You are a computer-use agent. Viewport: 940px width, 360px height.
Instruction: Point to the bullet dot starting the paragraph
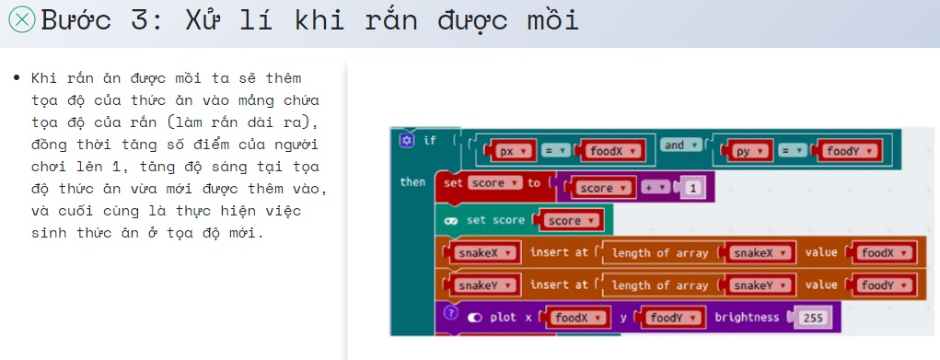pyautogui.click(x=17, y=78)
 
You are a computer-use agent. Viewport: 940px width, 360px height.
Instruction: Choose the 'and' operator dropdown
pyautogui.click(x=680, y=145)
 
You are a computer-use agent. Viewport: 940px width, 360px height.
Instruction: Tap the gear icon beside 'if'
pyautogui.click(x=407, y=140)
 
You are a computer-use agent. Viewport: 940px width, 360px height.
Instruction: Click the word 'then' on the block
pyautogui.click(x=412, y=181)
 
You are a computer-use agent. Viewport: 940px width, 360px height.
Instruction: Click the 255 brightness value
pyautogui.click(x=812, y=318)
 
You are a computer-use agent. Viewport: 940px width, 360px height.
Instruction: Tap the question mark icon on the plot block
pyautogui.click(x=450, y=313)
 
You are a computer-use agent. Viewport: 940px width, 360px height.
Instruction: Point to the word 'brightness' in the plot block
pyautogui.click(x=747, y=317)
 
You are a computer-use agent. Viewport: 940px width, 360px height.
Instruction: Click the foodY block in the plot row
pyautogui.click(x=670, y=318)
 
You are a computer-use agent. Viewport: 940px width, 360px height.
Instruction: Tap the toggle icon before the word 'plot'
pyautogui.click(x=475, y=317)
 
